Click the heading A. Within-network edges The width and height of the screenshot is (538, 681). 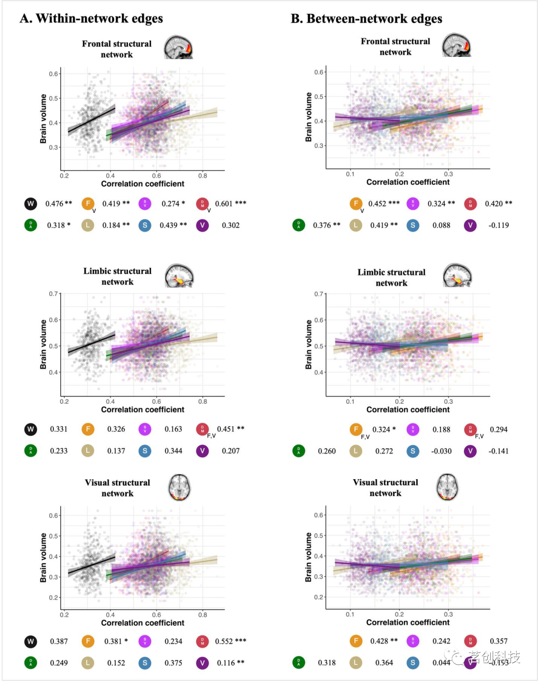(91, 19)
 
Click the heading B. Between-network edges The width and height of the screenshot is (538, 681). (366, 19)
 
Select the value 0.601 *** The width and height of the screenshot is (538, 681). (231, 203)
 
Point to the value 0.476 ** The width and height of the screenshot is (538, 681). (59, 203)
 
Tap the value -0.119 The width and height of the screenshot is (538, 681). (499, 225)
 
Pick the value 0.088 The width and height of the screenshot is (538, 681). (441, 225)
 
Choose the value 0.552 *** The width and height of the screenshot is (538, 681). (231, 641)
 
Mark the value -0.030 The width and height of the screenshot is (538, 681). (441, 451)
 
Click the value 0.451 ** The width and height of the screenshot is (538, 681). (231, 429)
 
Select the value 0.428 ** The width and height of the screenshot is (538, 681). (384, 641)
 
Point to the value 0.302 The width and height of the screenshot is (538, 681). (231, 225)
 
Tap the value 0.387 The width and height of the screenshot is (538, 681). (59, 641)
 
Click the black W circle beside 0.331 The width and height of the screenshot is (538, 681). (31, 429)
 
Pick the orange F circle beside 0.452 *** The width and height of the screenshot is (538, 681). (356, 203)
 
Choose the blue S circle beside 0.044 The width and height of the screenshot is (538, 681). (413, 663)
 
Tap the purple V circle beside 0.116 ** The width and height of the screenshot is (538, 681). (202, 663)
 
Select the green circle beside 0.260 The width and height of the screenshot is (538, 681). (299, 451)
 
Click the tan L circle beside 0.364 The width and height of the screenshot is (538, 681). (356, 663)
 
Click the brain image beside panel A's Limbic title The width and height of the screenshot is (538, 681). (179, 276)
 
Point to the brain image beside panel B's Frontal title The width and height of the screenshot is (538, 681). (456, 45)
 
